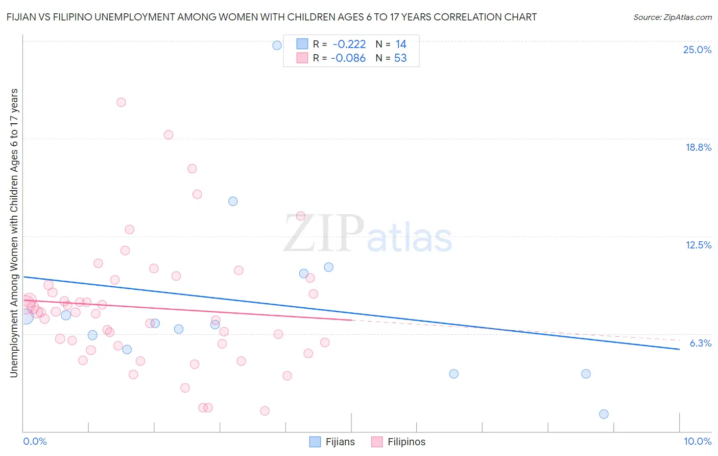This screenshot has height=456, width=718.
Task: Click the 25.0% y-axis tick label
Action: tap(697, 50)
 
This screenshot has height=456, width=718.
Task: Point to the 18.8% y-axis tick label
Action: tap(698, 147)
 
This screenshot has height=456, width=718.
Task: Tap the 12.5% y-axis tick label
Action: tap(698, 245)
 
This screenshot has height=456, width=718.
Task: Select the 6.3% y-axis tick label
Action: tap(700, 343)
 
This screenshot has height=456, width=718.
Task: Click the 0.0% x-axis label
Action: tap(35, 441)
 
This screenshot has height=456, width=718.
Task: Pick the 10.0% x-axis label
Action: tap(697, 441)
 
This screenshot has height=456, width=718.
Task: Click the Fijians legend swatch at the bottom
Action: tap(315, 442)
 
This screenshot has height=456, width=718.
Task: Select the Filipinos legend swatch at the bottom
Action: tap(377, 442)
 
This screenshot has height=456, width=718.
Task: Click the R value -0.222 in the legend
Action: tap(349, 44)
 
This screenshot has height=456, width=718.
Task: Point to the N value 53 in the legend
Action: tap(400, 58)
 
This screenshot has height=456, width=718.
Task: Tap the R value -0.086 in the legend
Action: tap(348, 58)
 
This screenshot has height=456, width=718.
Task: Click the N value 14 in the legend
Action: tap(401, 44)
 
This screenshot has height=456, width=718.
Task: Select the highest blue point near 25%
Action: tap(277, 45)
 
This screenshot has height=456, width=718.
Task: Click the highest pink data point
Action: tap(121, 102)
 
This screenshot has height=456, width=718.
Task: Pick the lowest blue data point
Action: tap(604, 414)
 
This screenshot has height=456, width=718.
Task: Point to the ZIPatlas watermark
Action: tap(368, 234)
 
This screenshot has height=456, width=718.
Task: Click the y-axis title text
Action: tap(14, 233)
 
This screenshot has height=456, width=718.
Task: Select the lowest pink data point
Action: tap(265, 411)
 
